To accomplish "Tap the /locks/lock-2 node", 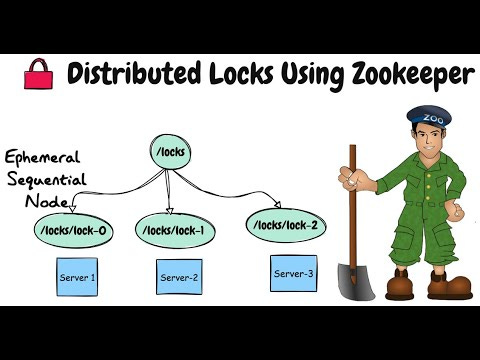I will [x=284, y=225].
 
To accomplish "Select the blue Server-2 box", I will [x=180, y=277].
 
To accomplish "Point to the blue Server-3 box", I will [x=293, y=272].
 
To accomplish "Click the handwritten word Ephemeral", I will [x=44, y=159].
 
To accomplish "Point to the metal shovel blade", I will [x=349, y=279].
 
